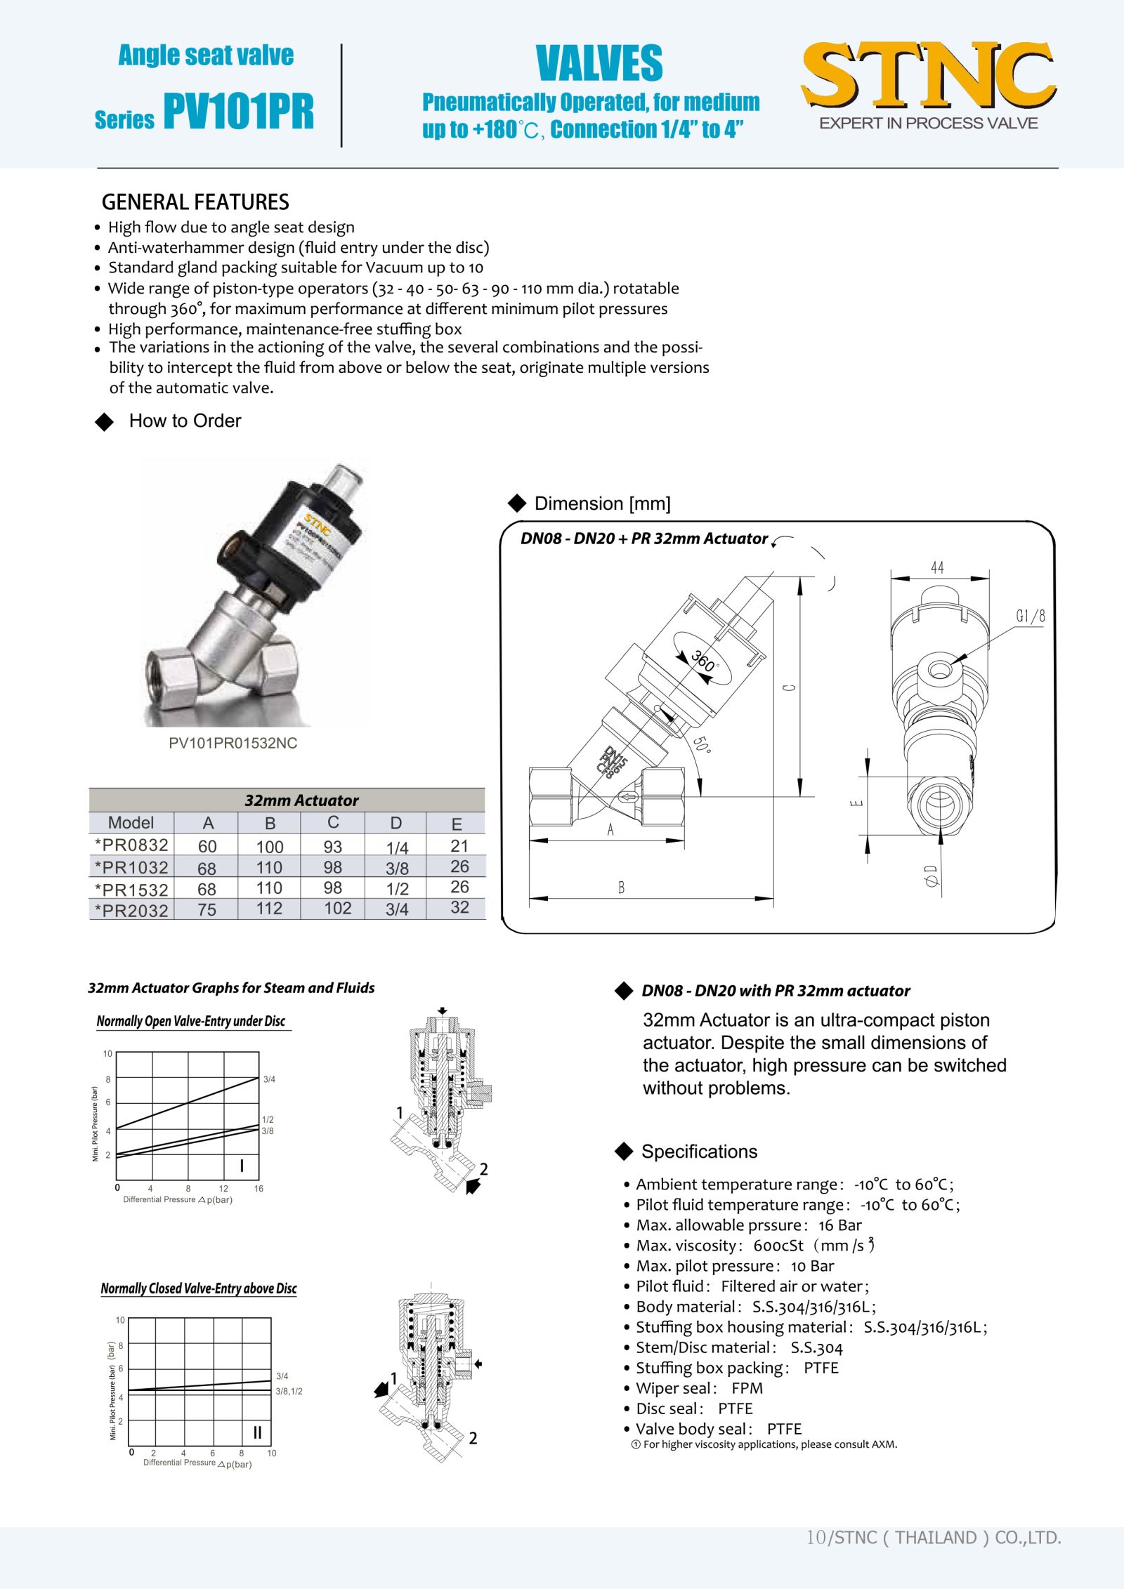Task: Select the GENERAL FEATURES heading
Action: (x=195, y=202)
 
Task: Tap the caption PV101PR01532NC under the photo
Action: (x=233, y=743)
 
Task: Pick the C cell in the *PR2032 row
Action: (x=337, y=909)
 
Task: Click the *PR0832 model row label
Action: (x=131, y=845)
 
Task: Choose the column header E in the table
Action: (x=457, y=824)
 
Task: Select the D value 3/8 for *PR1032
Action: (x=397, y=869)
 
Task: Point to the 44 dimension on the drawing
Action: (x=937, y=567)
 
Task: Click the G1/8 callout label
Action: (x=1031, y=617)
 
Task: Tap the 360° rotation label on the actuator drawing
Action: (x=704, y=661)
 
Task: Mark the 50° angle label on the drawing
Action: (x=702, y=744)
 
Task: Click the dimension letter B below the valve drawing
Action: (x=621, y=888)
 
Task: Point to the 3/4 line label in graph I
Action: (x=269, y=1079)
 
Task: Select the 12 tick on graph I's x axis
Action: (x=223, y=1189)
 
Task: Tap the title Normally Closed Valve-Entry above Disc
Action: (x=199, y=1288)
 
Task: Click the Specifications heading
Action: (x=699, y=1152)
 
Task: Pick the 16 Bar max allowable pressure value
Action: (x=839, y=1225)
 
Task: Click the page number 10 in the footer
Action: (x=816, y=1538)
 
